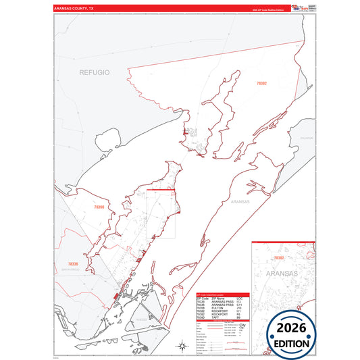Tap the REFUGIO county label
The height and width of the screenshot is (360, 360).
pyautogui.click(x=94, y=72)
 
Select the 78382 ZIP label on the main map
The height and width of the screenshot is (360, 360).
pyautogui.click(x=261, y=83)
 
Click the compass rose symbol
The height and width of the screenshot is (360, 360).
pyautogui.click(x=182, y=346)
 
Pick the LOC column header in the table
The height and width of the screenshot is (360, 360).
pyautogui.click(x=240, y=298)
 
